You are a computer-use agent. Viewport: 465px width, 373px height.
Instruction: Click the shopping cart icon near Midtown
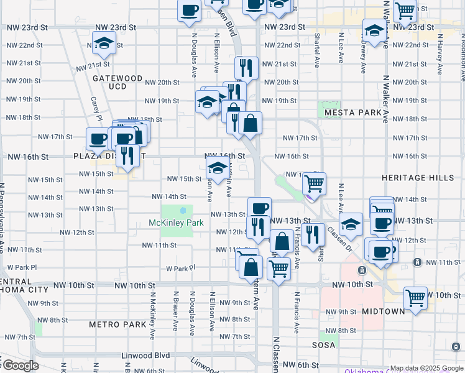tap(415, 297)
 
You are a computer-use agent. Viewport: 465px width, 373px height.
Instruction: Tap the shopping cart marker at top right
tap(405, 9)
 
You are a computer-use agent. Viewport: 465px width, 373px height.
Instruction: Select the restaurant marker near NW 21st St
tap(247, 67)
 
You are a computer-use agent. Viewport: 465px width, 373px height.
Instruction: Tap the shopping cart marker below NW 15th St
tap(314, 183)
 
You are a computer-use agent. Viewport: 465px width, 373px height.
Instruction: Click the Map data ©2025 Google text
tap(426, 368)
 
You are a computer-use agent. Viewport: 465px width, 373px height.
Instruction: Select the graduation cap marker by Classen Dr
tap(351, 225)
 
